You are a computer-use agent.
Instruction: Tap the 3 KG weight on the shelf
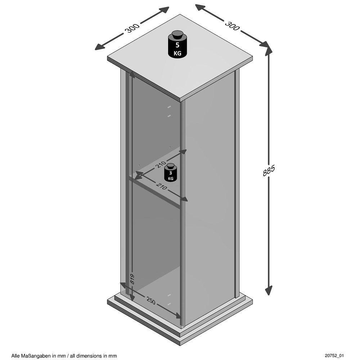(x=170, y=172)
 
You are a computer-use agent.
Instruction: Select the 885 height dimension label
(x=269, y=170)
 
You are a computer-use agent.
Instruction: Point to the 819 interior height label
(x=132, y=279)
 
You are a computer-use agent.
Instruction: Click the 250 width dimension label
(x=151, y=301)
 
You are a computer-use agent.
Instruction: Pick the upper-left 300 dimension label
(x=132, y=28)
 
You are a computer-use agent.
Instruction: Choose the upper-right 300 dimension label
(x=232, y=26)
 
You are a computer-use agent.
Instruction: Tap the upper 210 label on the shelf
(x=161, y=165)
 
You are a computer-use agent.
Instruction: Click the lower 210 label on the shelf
(x=161, y=186)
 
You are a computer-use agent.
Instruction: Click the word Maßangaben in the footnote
(x=36, y=356)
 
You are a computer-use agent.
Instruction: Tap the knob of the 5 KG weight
(x=177, y=34)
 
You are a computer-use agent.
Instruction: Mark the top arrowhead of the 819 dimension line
(x=132, y=75)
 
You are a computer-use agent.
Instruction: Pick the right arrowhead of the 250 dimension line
(x=178, y=316)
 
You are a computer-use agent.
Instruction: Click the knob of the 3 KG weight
(x=171, y=165)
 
